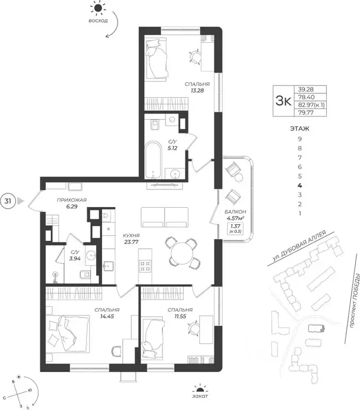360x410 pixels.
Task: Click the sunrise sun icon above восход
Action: coord(98,9)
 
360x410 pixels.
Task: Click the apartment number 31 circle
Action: coord(8,201)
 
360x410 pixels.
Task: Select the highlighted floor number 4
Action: coord(300,185)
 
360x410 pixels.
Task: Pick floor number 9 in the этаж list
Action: coord(300,139)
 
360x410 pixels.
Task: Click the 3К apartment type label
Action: coord(283,101)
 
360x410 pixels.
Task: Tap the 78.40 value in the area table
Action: coord(307,97)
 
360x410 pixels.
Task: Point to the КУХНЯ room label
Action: coord(131,235)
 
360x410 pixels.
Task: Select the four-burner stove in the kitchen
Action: coord(145,266)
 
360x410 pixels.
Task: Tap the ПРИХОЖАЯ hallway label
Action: coord(72,200)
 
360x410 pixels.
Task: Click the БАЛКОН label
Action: coord(235,212)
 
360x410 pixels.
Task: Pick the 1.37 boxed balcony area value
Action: coord(236,226)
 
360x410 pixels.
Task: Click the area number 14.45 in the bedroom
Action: coord(107,316)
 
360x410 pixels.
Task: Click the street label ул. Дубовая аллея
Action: coord(299,246)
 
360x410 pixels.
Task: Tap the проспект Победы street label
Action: coord(355,300)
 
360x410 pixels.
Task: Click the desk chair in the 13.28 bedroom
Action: coord(194,57)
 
